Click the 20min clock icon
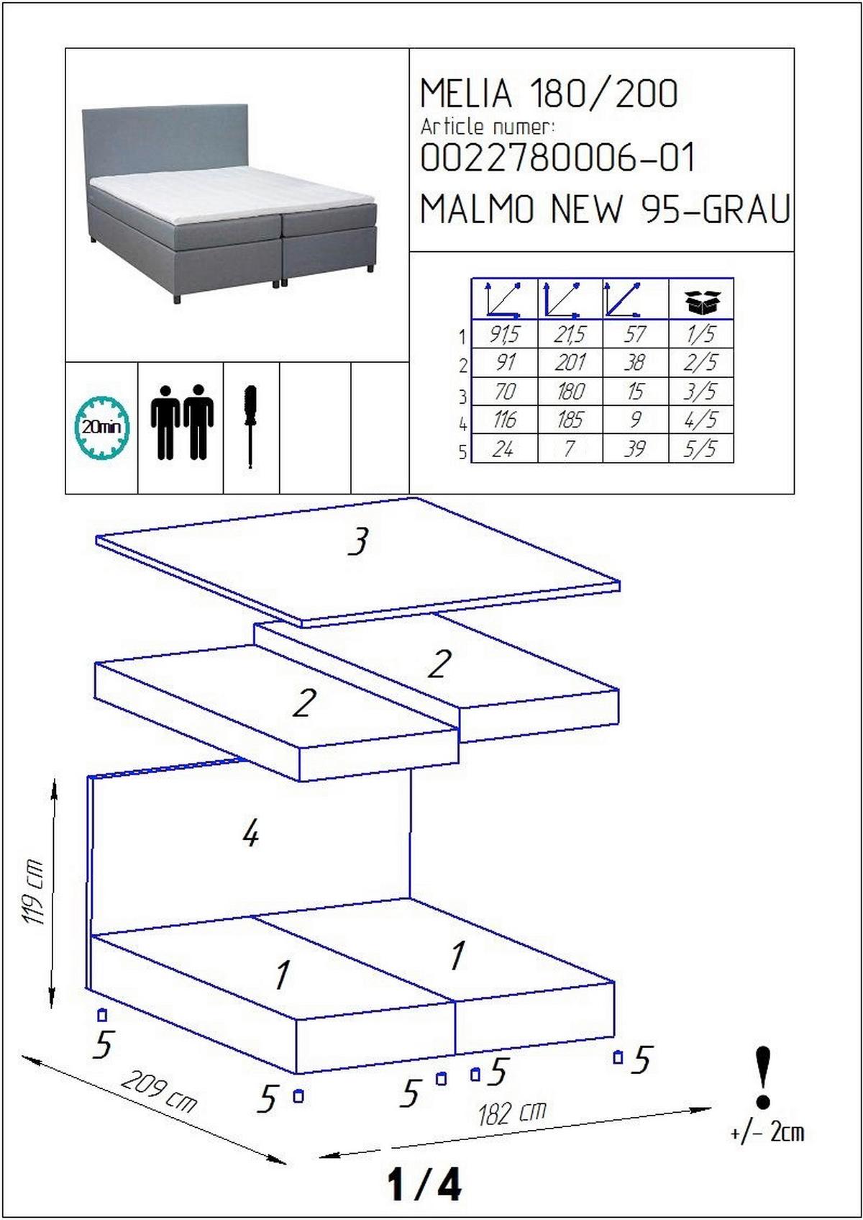[101, 427]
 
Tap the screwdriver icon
[250, 426]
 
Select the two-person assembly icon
[182, 422]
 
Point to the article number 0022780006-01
[558, 158]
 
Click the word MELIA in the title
[466, 93]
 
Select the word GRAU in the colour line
[746, 209]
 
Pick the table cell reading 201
[570, 362]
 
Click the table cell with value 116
[504, 420]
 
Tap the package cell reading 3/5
[700, 391]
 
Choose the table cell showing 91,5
[504, 334]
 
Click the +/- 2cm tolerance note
[767, 1133]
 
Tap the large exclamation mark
[764, 1078]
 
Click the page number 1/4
[424, 1184]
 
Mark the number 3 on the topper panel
[358, 541]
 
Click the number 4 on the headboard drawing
[250, 834]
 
